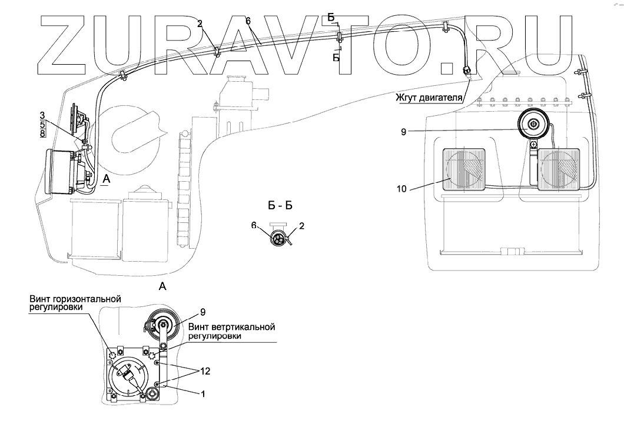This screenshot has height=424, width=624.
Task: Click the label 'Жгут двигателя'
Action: (433, 96)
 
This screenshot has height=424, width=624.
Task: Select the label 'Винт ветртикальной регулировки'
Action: (232, 331)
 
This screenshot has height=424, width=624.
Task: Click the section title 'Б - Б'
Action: (280, 206)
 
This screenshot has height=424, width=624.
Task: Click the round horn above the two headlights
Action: (533, 125)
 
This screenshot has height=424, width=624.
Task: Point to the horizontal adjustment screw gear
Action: (114, 355)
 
